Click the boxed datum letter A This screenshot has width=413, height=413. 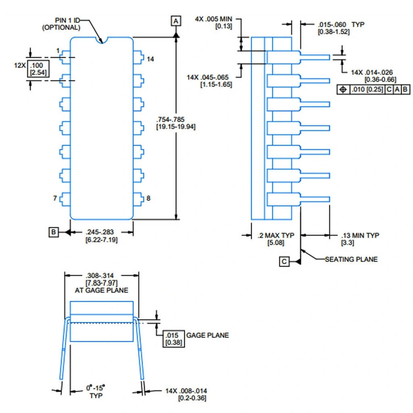click(176, 21)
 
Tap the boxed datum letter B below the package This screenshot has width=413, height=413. click(54, 232)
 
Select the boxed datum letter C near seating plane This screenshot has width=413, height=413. click(284, 262)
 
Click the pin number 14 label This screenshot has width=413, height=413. click(150, 59)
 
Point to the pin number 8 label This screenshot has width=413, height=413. click(148, 198)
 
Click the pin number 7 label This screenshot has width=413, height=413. click(56, 198)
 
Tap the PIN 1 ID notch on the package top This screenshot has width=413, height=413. click(102, 40)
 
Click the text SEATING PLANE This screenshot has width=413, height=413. click(351, 259)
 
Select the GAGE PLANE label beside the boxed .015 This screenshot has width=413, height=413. click(207, 335)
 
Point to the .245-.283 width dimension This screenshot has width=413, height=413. click(99, 232)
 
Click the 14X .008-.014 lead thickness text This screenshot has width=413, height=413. click(187, 391)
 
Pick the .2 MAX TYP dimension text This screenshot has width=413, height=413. click(274, 235)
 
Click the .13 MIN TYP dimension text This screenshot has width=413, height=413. click(360, 235)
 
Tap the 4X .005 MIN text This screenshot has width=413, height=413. click(214, 19)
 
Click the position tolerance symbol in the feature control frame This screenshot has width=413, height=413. click(343, 90)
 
